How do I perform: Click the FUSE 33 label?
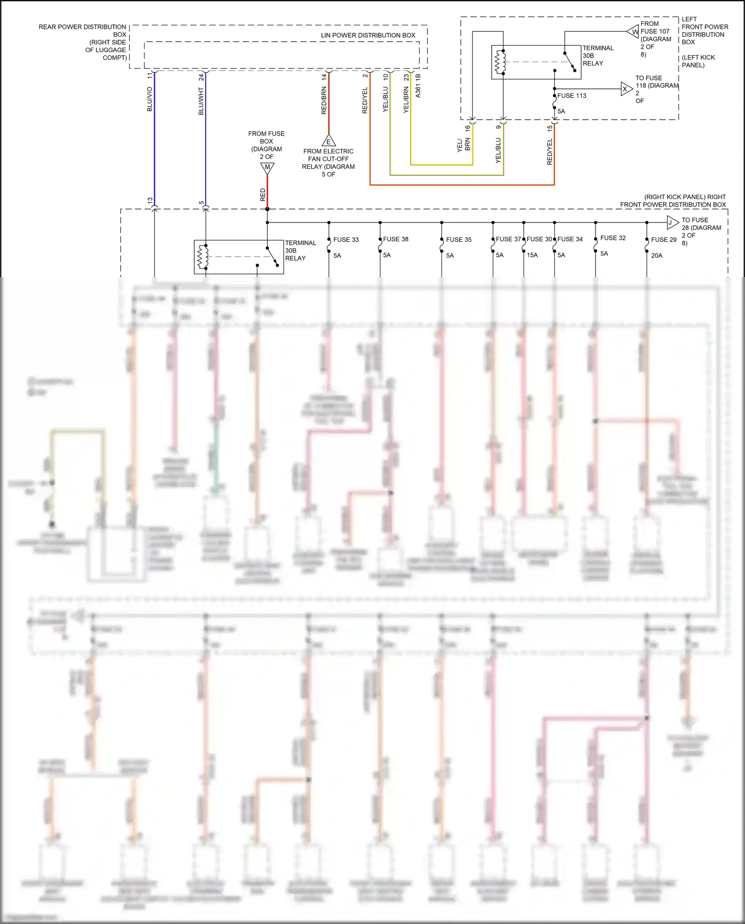tap(346, 239)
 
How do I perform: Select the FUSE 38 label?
tap(395, 239)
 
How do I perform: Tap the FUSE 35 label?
tap(458, 239)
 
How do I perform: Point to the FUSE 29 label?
tap(664, 239)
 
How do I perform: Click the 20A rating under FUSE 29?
tap(657, 255)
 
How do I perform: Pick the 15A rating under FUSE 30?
tap(532, 255)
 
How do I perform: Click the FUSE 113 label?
tap(572, 95)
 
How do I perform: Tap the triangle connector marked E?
tap(328, 141)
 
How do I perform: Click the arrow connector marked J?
tap(672, 222)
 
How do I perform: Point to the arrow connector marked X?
tap(626, 89)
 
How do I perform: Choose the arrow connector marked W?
tap(633, 32)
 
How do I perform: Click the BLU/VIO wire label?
tap(149, 99)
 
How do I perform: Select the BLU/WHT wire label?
tap(201, 101)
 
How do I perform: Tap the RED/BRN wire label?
tap(324, 100)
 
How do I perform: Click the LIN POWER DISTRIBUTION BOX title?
tap(368, 35)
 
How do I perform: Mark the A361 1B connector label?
tap(418, 86)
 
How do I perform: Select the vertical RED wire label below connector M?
tap(263, 194)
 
